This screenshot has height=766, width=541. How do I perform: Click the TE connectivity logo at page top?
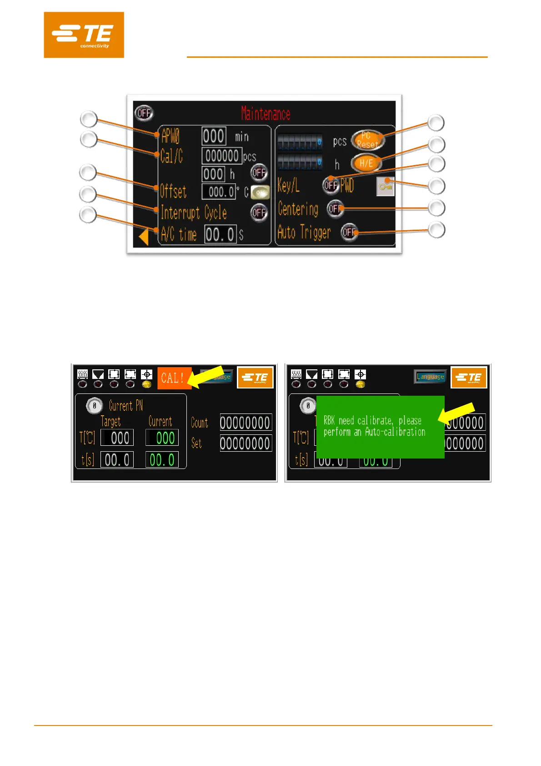coord(84,35)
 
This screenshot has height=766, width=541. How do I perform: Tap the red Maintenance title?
coord(265,113)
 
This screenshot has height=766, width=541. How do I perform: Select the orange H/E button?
coord(366,163)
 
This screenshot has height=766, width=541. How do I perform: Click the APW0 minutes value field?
coord(214,136)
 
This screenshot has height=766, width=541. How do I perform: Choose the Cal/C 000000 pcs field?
coord(222,156)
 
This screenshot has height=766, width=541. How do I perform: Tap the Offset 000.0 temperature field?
coord(219,192)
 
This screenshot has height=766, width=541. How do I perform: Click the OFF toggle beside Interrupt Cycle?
coord(259,212)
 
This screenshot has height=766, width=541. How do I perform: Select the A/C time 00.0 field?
coord(220,235)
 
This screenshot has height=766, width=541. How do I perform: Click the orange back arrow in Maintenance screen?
coord(144,237)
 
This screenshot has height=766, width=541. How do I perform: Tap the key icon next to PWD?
coord(385,186)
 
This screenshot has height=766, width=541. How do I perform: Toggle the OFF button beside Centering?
coord(335,209)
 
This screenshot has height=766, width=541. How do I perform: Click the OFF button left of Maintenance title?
coord(144,113)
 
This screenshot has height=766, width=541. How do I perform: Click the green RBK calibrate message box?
coord(380,426)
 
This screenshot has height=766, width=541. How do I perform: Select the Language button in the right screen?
coord(430,377)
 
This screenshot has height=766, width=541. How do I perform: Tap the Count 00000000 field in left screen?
coord(245,423)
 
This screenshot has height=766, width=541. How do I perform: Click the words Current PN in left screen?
coord(126,405)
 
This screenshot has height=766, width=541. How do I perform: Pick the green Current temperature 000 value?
coord(162,438)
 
